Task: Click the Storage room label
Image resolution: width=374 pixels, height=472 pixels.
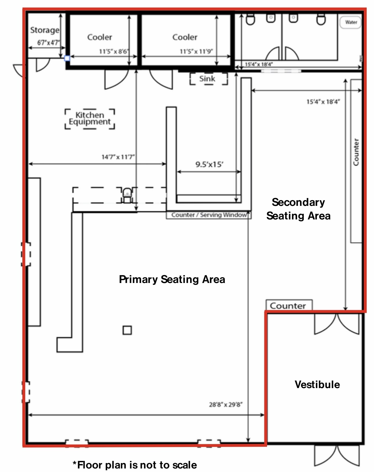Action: tap(45, 30)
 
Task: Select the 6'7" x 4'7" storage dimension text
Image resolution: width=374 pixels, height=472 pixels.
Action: tap(48, 43)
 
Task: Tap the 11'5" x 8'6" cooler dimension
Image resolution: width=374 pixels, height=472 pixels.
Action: tap(114, 51)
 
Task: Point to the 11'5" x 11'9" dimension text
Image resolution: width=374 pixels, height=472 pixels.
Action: tap(196, 51)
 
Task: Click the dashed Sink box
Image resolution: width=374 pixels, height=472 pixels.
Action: tap(208, 79)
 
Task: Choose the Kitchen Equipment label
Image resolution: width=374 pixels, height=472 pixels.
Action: tap(90, 118)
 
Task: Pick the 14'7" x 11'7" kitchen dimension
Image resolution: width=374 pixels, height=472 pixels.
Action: tap(118, 157)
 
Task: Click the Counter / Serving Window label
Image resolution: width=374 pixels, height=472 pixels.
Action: tap(209, 215)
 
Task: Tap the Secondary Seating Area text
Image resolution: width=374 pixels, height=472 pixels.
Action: tap(298, 209)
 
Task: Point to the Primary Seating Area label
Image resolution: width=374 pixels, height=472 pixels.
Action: tap(172, 279)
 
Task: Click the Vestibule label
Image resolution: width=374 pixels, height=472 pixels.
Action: tap(317, 385)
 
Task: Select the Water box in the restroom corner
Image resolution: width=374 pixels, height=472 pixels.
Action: tap(351, 22)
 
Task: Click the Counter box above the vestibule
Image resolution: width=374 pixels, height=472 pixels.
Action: tap(289, 305)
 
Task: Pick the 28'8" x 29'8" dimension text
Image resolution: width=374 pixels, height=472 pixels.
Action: tap(225, 405)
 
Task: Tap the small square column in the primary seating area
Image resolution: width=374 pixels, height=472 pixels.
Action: tap(127, 330)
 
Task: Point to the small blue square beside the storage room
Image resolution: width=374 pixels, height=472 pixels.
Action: tap(67, 58)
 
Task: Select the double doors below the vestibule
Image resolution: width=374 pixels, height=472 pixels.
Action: tap(337, 456)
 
